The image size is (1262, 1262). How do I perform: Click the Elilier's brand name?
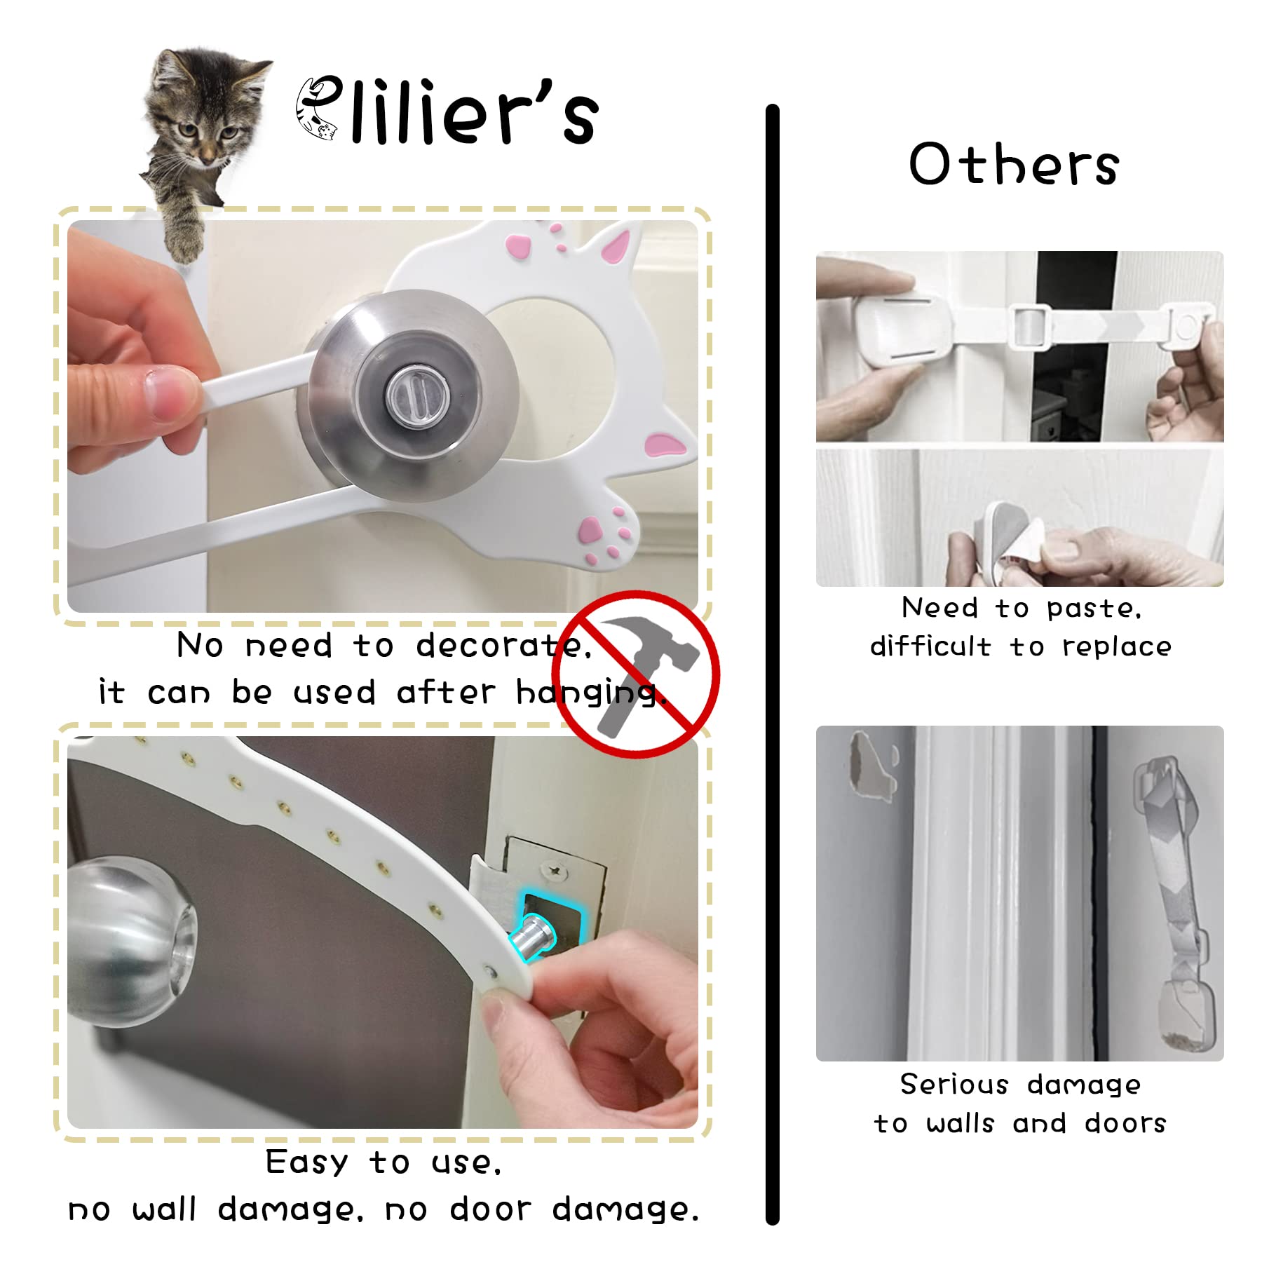click(x=449, y=112)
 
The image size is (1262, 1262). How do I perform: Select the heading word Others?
click(x=1014, y=165)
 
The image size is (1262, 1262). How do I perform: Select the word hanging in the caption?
click(x=589, y=693)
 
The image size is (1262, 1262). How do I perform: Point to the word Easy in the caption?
click(x=306, y=1163)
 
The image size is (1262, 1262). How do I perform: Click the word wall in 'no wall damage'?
click(x=164, y=1209)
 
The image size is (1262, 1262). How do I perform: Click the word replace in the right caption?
click(x=1116, y=646)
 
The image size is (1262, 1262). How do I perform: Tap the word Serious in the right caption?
click(x=954, y=1085)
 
